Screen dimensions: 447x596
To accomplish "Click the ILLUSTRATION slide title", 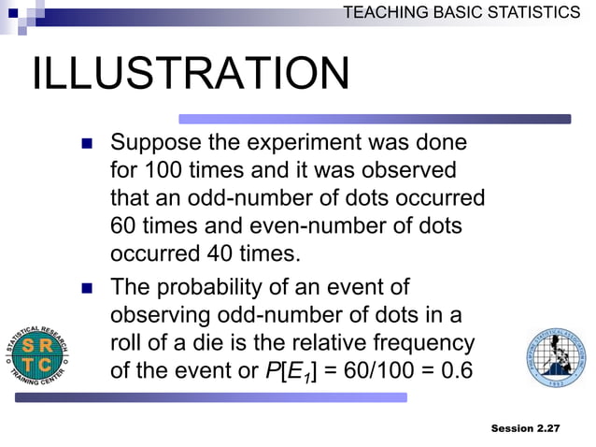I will tap(191, 75).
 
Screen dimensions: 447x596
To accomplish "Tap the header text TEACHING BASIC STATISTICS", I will tap(461, 12).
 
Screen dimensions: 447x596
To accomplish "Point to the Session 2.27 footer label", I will tap(525, 427).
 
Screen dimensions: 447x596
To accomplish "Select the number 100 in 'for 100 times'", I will tap(164, 172).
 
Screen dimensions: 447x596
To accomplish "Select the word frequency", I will tap(422, 342).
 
